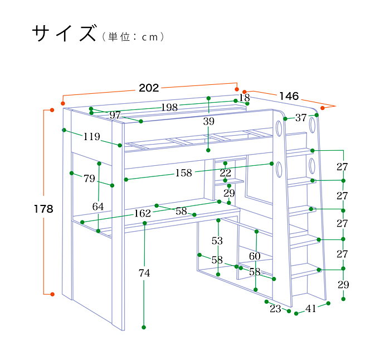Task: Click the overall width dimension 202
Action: [149, 88]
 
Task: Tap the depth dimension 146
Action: [289, 96]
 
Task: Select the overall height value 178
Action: [43, 209]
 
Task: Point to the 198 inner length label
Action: [169, 107]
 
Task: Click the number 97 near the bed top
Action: [115, 115]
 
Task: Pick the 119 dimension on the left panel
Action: [91, 137]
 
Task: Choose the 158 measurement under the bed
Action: [183, 173]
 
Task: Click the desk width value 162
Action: [142, 213]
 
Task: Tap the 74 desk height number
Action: [144, 273]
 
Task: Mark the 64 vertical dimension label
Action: [98, 207]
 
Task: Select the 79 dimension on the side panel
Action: [89, 179]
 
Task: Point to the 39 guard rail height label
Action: [209, 121]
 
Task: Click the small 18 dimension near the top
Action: [245, 98]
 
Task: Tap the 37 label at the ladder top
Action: [301, 118]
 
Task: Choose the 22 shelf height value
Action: [225, 173]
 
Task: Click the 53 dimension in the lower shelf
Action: [217, 241]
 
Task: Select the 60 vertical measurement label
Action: [255, 256]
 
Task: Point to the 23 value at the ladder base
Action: [275, 309]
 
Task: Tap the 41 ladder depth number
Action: [311, 309]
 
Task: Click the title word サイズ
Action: [64, 33]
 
